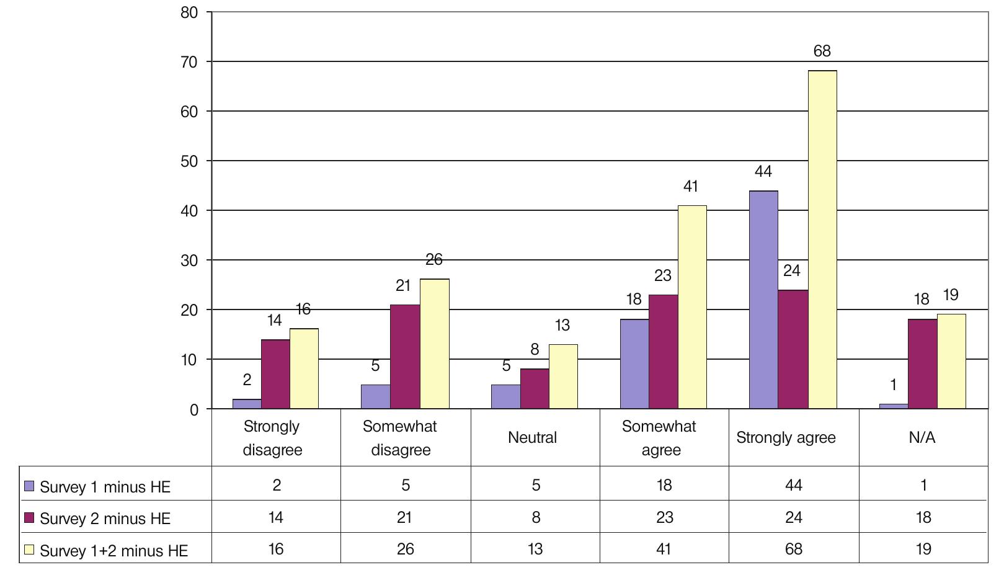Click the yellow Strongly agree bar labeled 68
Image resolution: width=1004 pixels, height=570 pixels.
click(x=822, y=239)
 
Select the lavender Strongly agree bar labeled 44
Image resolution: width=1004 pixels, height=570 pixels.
click(x=763, y=300)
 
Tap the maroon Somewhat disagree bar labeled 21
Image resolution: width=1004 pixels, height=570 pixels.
click(x=405, y=357)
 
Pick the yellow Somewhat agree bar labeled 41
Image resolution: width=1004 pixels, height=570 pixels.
click(x=692, y=307)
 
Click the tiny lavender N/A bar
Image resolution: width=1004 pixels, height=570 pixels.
click(x=893, y=406)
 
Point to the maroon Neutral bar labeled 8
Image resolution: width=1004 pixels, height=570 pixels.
click(x=535, y=389)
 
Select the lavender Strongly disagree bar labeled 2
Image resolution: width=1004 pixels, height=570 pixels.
click(x=247, y=404)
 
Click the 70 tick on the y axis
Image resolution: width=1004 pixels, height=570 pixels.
click(x=189, y=62)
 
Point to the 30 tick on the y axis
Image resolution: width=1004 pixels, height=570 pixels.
click(x=189, y=261)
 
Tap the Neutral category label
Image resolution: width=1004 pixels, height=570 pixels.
click(x=532, y=438)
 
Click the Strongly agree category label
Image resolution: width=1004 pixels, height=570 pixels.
click(x=786, y=438)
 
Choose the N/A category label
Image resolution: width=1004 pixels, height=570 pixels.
click(x=922, y=438)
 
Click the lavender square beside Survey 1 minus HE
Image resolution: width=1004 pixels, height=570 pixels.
click(x=29, y=486)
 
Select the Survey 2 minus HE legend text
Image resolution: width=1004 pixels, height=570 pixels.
click(x=105, y=519)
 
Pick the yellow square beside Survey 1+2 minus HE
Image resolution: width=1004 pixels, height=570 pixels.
click(x=29, y=550)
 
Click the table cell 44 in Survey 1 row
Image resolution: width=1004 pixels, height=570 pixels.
click(x=793, y=485)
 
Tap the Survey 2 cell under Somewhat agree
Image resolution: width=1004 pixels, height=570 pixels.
click(x=664, y=517)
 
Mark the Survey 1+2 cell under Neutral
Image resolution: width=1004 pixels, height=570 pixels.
click(x=535, y=549)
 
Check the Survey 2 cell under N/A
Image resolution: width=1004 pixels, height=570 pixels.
click(x=923, y=517)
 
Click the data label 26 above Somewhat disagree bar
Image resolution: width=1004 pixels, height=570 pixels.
click(x=434, y=260)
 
